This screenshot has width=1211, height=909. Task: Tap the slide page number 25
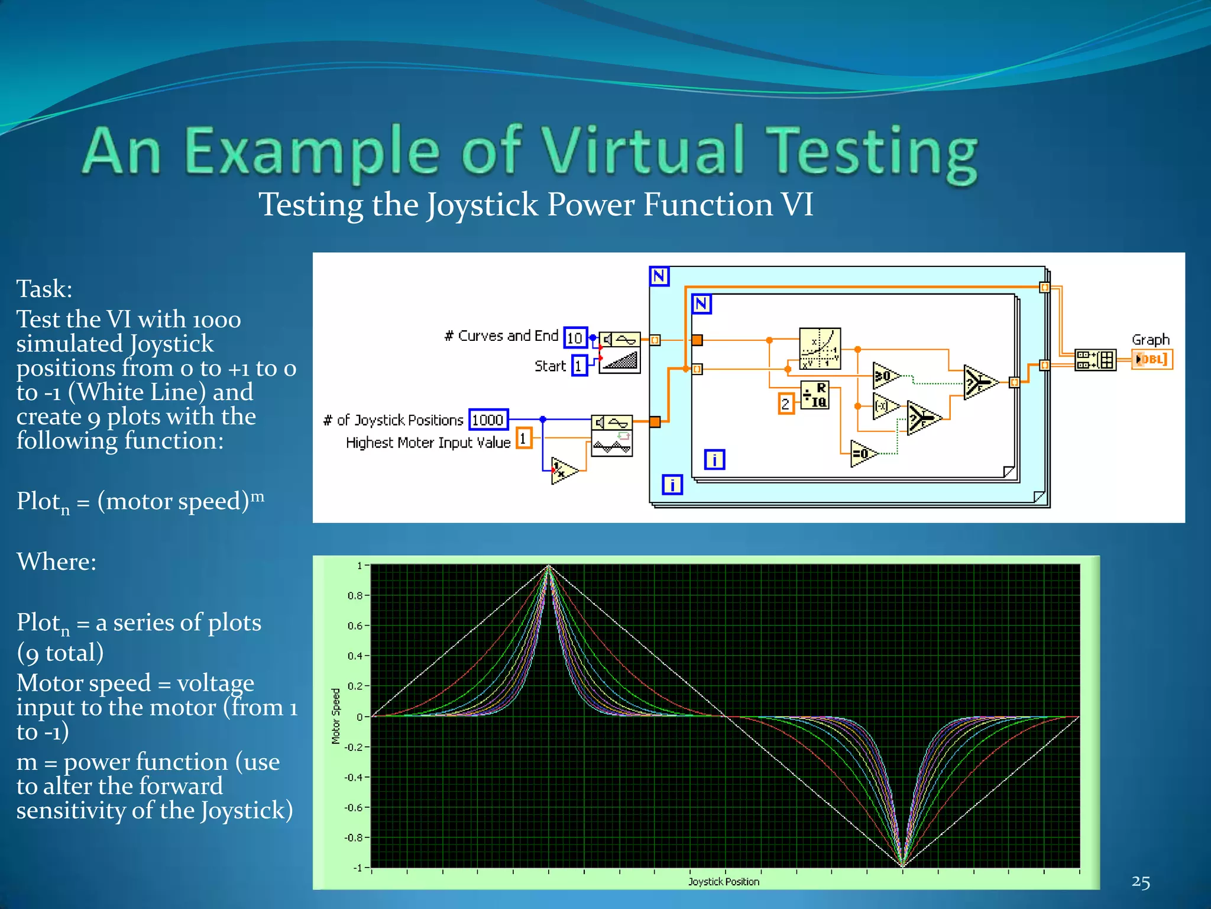pyautogui.click(x=1141, y=882)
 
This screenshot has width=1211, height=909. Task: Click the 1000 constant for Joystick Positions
pyautogui.click(x=488, y=420)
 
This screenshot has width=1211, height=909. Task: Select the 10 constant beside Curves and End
pyautogui.click(x=575, y=338)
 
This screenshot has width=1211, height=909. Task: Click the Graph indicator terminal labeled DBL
pyautogui.click(x=1152, y=359)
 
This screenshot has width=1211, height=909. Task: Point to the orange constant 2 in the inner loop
pyautogui.click(x=785, y=404)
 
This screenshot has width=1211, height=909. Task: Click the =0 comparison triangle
pyautogui.click(x=863, y=454)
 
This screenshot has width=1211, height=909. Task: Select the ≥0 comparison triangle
pyautogui.click(x=885, y=376)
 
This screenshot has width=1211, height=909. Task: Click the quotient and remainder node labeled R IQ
pyautogui.click(x=815, y=395)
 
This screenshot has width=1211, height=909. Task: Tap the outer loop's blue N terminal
pyautogui.click(x=659, y=276)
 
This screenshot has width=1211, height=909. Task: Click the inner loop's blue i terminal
pyautogui.click(x=714, y=459)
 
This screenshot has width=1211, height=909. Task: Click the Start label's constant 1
pyautogui.click(x=579, y=366)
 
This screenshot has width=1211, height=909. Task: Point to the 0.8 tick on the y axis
pyautogui.click(x=355, y=595)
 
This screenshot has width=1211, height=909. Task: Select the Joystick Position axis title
pyautogui.click(x=723, y=881)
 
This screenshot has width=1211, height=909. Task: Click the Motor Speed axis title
pyautogui.click(x=336, y=715)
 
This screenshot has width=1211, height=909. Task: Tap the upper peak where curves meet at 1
pyautogui.click(x=549, y=566)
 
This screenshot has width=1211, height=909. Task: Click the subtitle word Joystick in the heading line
pyautogui.click(x=483, y=205)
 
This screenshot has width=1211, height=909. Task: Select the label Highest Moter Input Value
pyautogui.click(x=428, y=443)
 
